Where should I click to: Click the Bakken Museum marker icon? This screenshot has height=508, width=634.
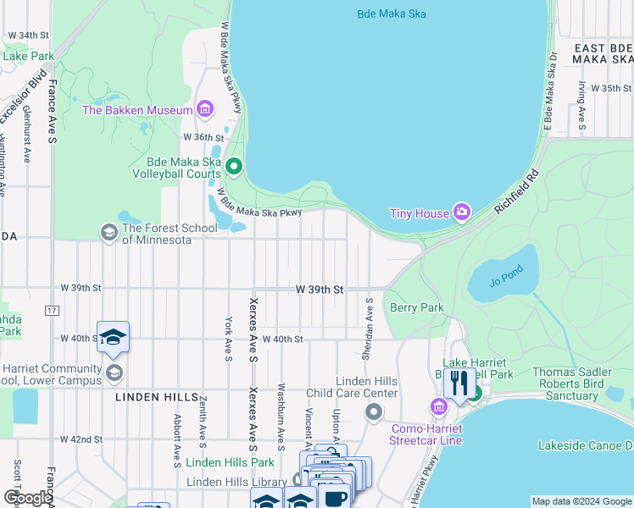[204, 108]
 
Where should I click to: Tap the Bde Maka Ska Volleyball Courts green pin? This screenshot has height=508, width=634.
[235, 167]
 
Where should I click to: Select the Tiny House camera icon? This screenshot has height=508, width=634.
[461, 212]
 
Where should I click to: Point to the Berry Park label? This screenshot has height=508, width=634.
[416, 308]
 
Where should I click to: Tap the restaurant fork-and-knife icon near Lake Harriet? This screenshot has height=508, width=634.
[459, 383]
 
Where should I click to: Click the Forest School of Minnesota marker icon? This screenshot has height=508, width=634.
[108, 231]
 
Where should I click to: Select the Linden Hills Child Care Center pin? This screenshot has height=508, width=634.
[374, 411]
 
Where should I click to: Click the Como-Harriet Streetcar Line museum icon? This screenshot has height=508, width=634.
[439, 407]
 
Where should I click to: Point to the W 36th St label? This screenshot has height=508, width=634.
[203, 137]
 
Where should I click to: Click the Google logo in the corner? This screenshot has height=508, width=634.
[27, 498]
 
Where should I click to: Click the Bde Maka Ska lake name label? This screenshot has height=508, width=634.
[391, 14]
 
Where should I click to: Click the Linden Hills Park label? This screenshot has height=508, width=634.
[230, 462]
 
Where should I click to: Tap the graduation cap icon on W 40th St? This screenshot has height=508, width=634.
[113, 338]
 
